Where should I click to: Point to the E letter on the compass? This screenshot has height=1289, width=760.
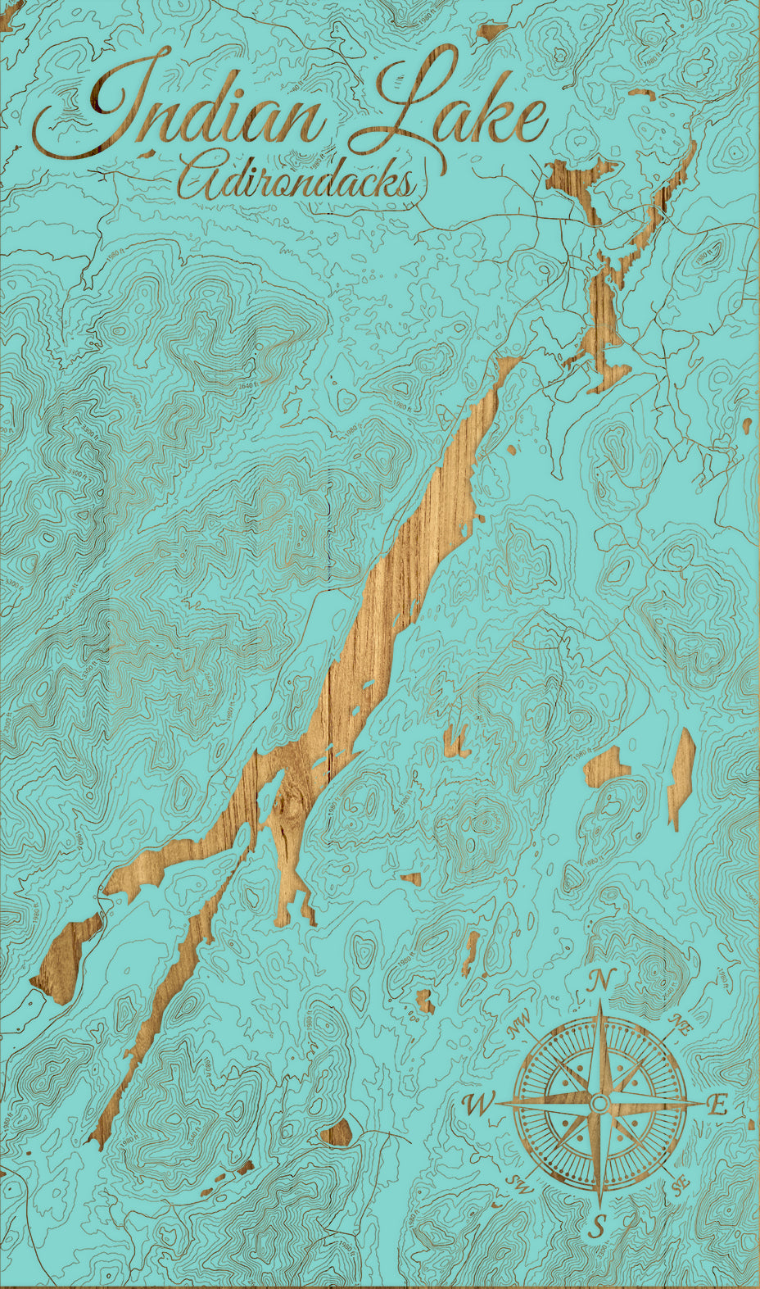click(x=717, y=1105)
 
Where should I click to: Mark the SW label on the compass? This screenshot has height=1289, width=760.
click(x=519, y=1182)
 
